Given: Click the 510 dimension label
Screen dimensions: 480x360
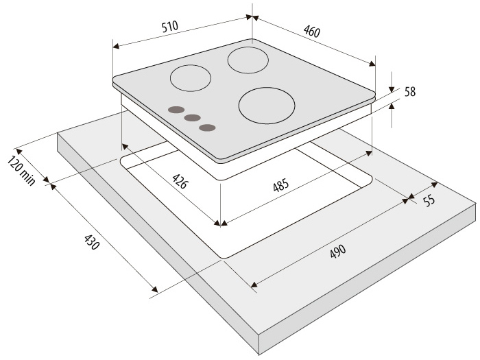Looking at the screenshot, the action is [169, 26].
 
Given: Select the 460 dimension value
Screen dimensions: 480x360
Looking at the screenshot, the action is [311, 31].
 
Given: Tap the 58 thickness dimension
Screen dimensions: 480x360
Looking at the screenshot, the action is [410, 91].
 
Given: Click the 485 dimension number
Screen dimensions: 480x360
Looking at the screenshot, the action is [280, 186].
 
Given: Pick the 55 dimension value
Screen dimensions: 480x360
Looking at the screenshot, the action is [429, 201].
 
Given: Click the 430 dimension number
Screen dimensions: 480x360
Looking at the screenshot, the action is [91, 242].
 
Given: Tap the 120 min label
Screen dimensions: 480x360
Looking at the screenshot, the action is [21, 171].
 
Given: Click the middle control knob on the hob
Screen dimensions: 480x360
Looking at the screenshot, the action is [193, 118].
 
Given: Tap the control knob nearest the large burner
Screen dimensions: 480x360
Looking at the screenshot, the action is [207, 128].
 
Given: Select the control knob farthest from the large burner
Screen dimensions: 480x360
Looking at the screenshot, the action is [176, 110].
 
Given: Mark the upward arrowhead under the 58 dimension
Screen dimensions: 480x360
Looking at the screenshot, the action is [392, 106].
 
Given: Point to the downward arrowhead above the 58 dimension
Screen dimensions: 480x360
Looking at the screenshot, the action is [392, 89].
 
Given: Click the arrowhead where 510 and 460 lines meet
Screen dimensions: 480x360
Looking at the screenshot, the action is [252, 17].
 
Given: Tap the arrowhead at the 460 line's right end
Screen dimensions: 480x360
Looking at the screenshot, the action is [372, 64].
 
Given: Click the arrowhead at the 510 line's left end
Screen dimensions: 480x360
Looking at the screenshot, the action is [116, 46].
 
